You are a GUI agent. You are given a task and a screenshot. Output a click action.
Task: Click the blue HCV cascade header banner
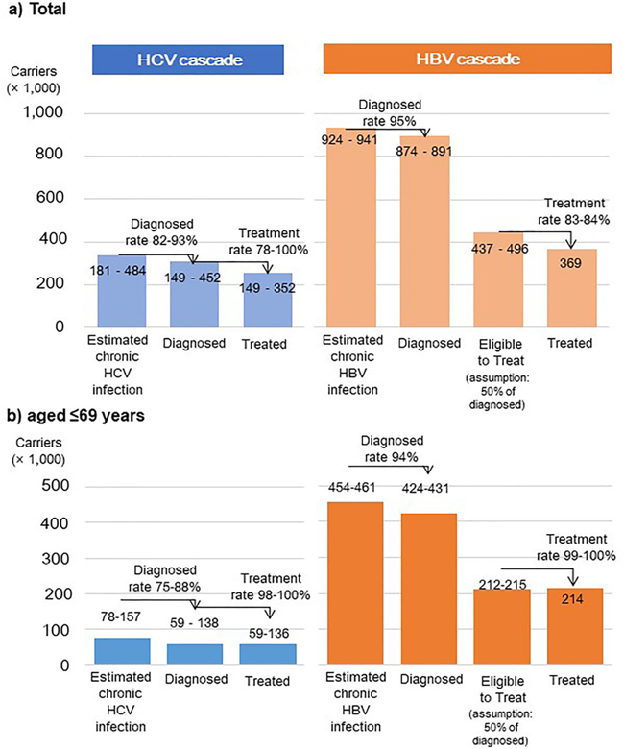tap(188, 60)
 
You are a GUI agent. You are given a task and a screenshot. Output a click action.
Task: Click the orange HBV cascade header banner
tap(467, 59)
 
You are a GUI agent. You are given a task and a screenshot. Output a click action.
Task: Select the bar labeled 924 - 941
tap(351, 228)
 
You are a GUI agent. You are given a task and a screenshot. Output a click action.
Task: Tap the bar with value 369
tap(572, 288)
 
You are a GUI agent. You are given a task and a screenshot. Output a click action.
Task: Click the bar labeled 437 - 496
tap(498, 280)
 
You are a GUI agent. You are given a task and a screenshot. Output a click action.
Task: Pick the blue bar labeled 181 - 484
tap(122, 291)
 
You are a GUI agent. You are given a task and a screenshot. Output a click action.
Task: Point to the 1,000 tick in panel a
tap(43, 112)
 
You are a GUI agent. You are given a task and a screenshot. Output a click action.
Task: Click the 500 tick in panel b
tap(56, 485)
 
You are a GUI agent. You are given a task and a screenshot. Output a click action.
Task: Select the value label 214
tap(572, 599)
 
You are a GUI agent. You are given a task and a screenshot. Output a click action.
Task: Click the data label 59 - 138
tap(194, 623)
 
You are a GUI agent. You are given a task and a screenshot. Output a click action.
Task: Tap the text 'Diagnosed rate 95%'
tap(390, 112)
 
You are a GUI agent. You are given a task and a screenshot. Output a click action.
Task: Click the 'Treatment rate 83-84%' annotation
tap(574, 211)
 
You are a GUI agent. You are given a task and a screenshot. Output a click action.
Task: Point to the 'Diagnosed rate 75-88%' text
tap(165, 578)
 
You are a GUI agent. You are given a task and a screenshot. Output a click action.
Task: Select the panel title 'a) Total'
tap(36, 9)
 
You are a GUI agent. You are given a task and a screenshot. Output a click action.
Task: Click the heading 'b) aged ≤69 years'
tap(76, 415)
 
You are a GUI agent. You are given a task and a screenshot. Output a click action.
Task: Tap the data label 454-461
tap(352, 487)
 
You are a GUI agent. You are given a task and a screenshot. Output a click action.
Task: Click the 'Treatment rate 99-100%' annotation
tap(576, 547)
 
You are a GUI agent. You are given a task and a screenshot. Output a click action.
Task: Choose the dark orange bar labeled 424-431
tap(429, 589)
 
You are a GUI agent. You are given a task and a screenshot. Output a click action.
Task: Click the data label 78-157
tap(120, 616)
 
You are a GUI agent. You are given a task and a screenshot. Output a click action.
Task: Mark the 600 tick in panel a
tap(50, 197)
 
